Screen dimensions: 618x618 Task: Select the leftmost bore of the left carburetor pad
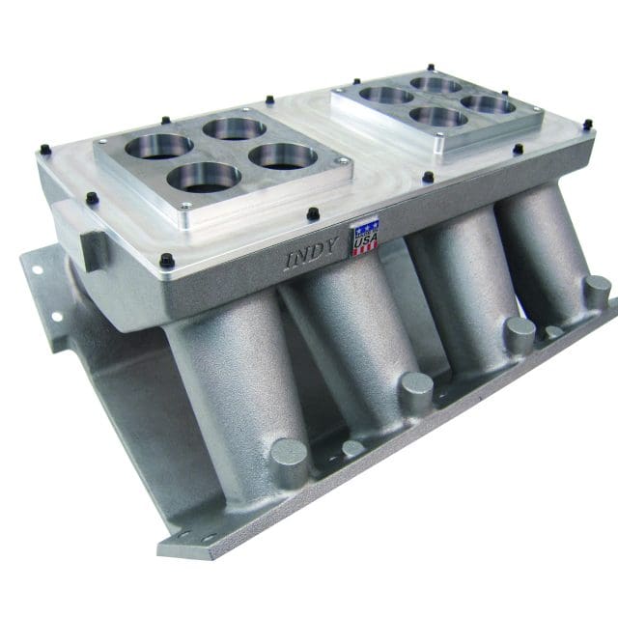point(157,146)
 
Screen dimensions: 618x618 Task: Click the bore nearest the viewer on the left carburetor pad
point(203,177)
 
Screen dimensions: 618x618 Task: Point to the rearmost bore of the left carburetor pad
point(234,127)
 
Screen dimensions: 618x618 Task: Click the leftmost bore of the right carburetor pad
point(386,95)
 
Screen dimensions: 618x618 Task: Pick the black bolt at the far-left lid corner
point(43,150)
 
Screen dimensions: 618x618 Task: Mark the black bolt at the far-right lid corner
point(587,125)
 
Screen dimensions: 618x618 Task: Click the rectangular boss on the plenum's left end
point(95,248)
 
